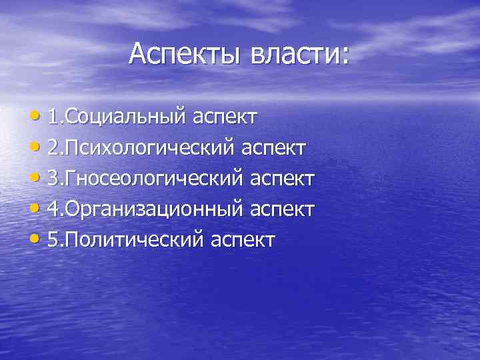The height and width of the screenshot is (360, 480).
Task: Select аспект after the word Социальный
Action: pyautogui.click(x=225, y=117)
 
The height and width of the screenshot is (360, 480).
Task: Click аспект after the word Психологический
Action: pyautogui.click(x=275, y=148)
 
